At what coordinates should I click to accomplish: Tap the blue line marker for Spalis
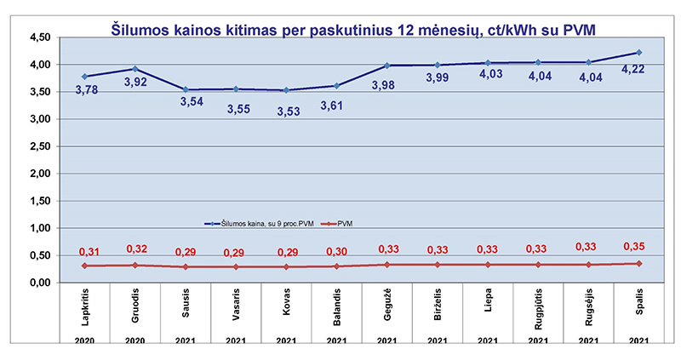(638, 52)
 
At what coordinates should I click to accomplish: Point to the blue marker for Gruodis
(134, 69)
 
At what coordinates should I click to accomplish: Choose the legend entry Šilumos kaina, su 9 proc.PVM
(264, 224)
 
